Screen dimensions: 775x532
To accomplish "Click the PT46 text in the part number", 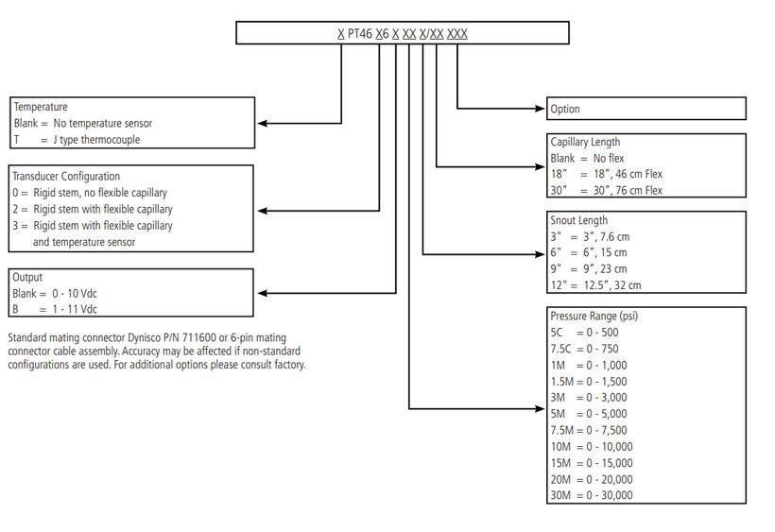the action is [x=360, y=34].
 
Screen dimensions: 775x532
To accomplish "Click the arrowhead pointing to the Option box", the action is [x=541, y=108].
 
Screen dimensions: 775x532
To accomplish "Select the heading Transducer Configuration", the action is [x=66, y=177].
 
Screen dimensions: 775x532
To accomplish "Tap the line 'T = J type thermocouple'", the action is [x=77, y=140].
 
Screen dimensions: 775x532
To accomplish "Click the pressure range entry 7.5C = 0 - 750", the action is [x=585, y=349].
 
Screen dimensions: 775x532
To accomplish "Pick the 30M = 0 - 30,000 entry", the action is [x=592, y=495].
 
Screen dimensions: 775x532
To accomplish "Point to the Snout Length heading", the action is [x=579, y=220].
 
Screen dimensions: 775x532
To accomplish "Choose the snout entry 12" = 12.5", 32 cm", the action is [x=596, y=285].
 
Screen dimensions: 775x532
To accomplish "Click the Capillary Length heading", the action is [x=585, y=142].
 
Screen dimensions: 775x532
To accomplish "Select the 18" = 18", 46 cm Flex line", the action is [x=607, y=174].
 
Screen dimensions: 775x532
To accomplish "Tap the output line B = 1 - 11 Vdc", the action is [x=55, y=309].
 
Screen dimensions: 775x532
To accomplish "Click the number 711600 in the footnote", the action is [x=199, y=338].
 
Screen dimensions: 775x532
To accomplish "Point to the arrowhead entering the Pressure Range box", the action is [x=541, y=408].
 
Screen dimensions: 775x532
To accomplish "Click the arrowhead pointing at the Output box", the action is [x=263, y=293].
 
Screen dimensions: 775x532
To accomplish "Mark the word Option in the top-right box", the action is [x=565, y=110].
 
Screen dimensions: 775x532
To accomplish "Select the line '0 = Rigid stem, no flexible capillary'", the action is [x=90, y=193].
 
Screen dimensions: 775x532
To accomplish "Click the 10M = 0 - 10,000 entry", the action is [x=592, y=447].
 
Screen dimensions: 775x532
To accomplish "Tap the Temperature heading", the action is [x=41, y=107].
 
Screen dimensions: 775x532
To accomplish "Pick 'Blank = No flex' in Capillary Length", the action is [x=587, y=158].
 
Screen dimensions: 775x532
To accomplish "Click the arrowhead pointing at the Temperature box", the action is [x=263, y=123].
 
